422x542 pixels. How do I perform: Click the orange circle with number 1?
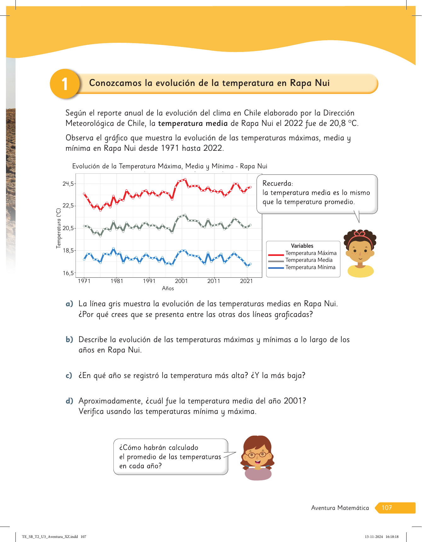pos(65,84)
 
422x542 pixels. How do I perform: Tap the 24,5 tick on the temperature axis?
pos(68,184)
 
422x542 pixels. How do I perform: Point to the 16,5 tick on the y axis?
pos(68,273)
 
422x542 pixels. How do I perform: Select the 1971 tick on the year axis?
pos(84,281)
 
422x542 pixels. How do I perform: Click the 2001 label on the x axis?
pos(181,281)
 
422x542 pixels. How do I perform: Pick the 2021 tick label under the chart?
pos(246,281)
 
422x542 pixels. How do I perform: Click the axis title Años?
pos(168,288)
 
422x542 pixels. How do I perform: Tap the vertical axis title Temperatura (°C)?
pos(58,228)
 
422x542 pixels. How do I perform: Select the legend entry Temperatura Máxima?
pos(311,253)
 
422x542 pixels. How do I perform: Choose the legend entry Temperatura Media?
pos(309,260)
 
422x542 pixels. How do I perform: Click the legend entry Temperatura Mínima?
pos(310,267)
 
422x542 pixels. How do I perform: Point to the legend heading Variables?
pos(302,246)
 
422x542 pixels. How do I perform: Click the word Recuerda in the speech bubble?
pos(277,183)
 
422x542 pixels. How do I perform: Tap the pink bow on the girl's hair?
pos(359,234)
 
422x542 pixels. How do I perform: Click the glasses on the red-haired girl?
pos(257,455)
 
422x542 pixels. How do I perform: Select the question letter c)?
pos(69,375)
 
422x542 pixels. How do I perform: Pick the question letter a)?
pos(69,304)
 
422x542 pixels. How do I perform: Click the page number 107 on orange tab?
pos(387,508)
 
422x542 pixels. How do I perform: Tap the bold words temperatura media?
pos(193,123)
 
